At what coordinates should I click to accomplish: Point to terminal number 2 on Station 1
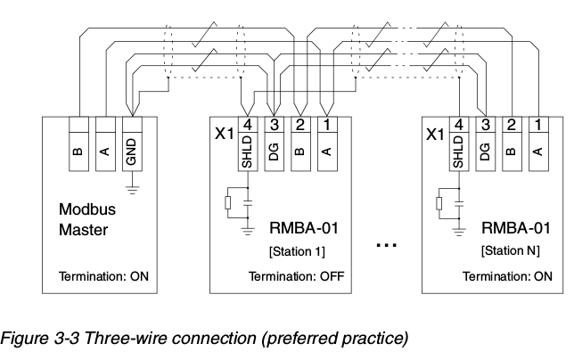(x=300, y=125)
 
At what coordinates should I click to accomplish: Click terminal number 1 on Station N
(x=538, y=125)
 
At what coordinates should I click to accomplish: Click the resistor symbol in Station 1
(x=227, y=202)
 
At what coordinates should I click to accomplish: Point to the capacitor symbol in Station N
(x=459, y=203)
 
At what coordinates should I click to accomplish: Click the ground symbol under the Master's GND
(x=132, y=190)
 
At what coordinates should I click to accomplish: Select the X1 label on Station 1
(x=224, y=134)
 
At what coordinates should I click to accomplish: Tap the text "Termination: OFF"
(x=297, y=276)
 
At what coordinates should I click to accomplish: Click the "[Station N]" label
(x=511, y=250)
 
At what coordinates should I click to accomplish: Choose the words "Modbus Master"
(x=87, y=219)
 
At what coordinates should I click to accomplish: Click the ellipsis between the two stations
(x=387, y=245)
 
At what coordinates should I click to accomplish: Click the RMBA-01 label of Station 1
(x=304, y=228)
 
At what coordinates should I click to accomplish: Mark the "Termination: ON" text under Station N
(x=507, y=276)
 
